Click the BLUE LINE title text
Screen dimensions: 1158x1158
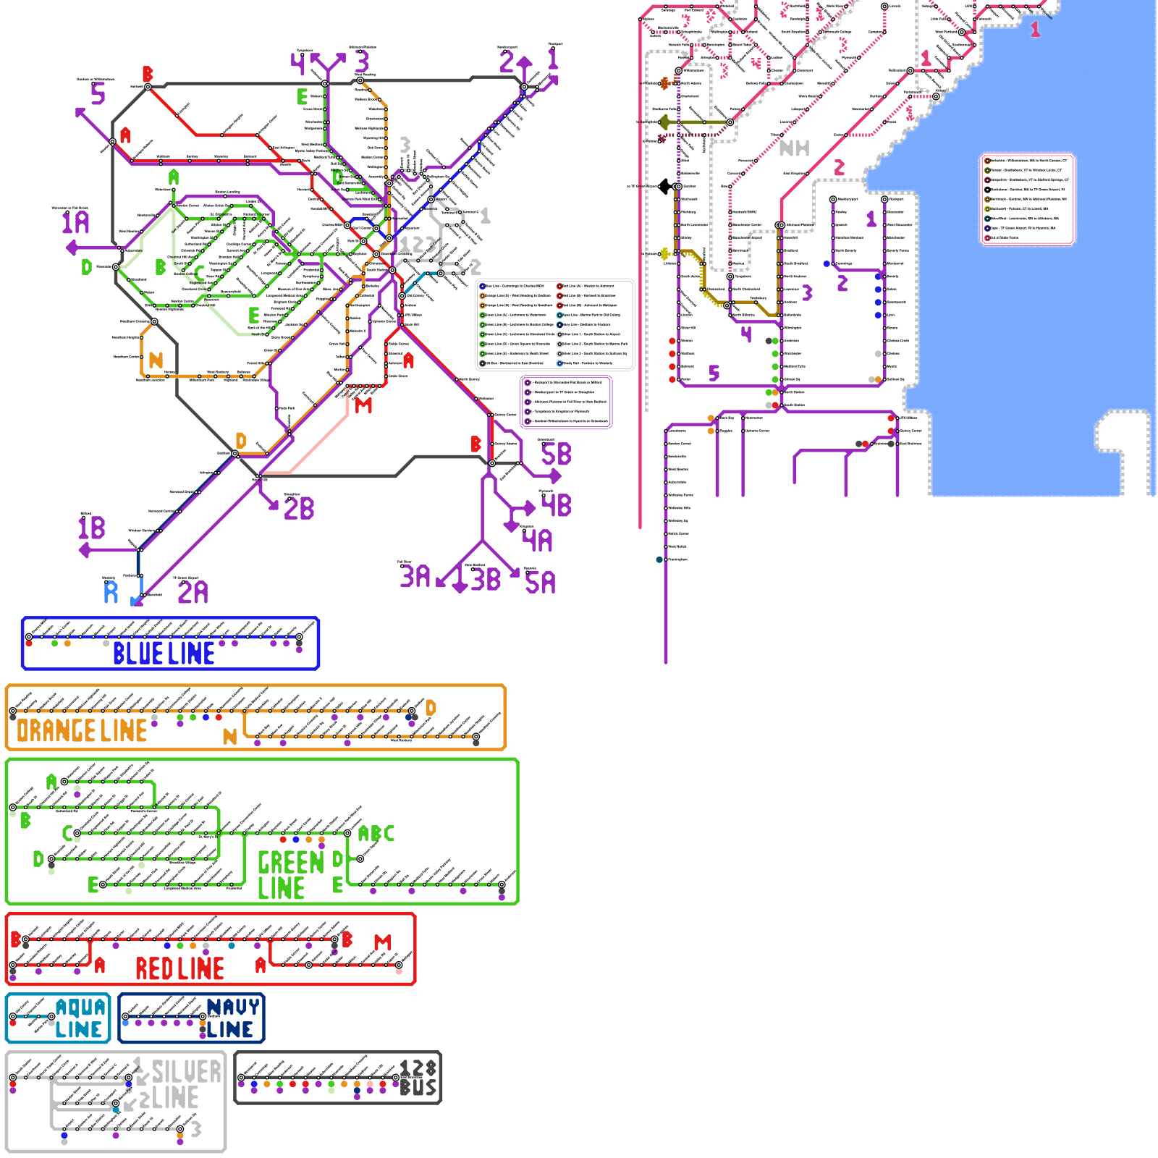click(164, 654)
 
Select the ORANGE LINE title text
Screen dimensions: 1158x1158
click(82, 731)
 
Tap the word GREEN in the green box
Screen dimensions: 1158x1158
click(291, 863)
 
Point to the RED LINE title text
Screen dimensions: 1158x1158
click(179, 968)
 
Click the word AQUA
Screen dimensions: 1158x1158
click(80, 1007)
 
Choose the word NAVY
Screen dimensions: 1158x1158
click(233, 1007)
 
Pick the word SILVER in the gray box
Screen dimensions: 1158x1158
click(187, 1072)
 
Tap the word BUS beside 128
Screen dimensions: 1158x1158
click(418, 1088)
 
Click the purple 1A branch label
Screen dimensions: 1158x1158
click(75, 222)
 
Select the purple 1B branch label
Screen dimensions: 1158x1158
click(92, 528)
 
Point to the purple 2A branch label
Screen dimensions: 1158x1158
click(193, 593)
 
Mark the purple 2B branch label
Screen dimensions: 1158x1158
click(299, 509)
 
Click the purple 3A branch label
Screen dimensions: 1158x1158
click(415, 577)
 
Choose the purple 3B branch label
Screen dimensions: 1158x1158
click(486, 580)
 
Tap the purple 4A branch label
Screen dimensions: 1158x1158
click(538, 541)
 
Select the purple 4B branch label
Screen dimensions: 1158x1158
click(557, 505)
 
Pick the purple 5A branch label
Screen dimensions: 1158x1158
click(541, 583)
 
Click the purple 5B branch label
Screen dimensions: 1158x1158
click(557, 455)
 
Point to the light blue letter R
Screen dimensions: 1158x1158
click(111, 593)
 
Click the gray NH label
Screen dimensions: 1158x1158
click(794, 148)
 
